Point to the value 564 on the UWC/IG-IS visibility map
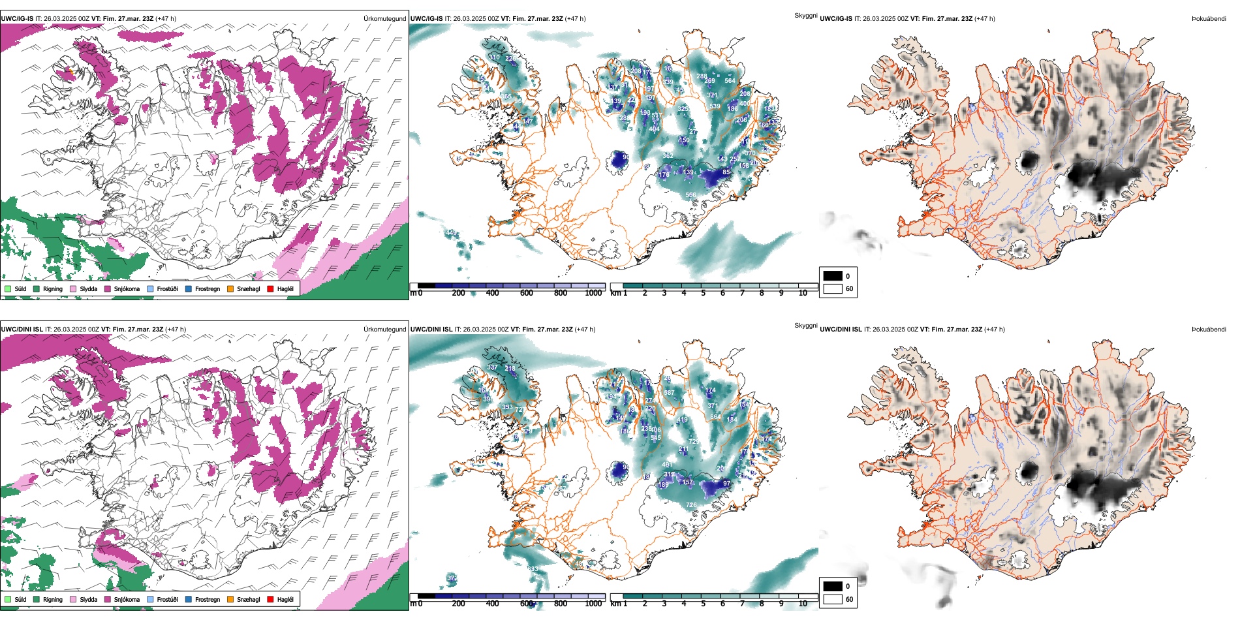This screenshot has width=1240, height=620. [730, 81]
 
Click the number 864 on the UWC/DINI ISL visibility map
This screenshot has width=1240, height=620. [715, 416]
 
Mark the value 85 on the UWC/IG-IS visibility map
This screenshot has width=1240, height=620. [726, 173]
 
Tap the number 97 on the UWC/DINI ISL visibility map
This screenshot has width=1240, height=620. [727, 484]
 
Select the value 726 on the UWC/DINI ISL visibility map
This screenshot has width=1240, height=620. [691, 505]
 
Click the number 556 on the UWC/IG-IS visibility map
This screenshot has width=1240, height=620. [690, 195]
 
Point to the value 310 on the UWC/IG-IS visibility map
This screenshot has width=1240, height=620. [494, 57]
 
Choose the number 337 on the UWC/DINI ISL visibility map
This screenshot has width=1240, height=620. [492, 367]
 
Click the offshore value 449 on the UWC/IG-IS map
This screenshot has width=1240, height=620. [451, 232]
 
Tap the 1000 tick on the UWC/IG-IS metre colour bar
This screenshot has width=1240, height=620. [593, 293]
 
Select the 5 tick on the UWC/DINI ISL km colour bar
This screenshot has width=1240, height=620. [703, 604]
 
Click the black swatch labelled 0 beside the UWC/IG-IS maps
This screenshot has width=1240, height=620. [833, 276]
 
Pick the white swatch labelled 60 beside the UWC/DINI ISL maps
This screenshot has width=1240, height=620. [833, 599]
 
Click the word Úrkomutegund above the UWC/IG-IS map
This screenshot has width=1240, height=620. [384, 19]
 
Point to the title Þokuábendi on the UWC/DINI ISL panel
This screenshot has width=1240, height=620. [1209, 330]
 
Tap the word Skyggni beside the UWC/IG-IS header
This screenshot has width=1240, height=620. [805, 15]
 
